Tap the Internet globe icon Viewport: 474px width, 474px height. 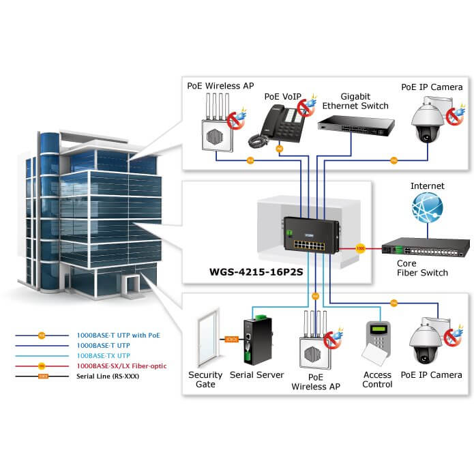click(x=428, y=208)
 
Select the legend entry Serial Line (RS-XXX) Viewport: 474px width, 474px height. click(x=115, y=376)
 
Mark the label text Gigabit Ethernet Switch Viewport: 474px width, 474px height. click(x=355, y=101)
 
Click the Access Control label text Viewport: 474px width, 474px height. click(x=377, y=379)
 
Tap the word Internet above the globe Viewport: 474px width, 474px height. click(x=427, y=186)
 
